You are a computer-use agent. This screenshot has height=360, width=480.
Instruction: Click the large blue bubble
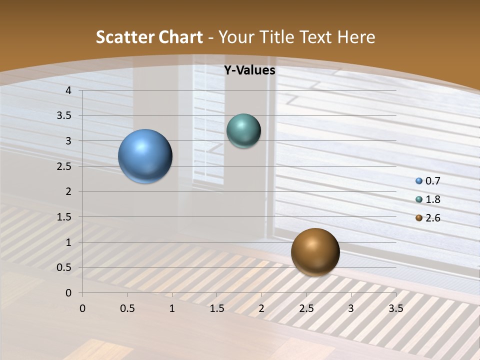point(145,156)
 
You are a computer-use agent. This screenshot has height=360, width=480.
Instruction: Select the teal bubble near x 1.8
point(243,131)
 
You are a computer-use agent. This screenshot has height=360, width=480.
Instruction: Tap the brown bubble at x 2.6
point(315,252)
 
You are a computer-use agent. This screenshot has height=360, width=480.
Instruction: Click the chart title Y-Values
point(249,70)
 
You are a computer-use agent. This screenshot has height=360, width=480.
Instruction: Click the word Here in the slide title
point(356,37)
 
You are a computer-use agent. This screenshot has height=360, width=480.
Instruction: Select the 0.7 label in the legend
point(432,181)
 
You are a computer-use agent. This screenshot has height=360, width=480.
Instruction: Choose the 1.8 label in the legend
point(432,199)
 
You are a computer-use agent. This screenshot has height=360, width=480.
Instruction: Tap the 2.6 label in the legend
point(432,218)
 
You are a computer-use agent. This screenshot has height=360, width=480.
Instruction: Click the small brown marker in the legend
point(419,218)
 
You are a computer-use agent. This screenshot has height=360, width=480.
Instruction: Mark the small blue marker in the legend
point(419,181)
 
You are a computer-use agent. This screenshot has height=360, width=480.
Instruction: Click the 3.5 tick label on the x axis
point(395,308)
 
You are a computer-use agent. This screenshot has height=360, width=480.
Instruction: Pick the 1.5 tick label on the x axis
point(216,308)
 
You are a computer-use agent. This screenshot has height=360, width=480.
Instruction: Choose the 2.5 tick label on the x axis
point(306,308)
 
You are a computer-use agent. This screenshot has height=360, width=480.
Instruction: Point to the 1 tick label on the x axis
point(172,308)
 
